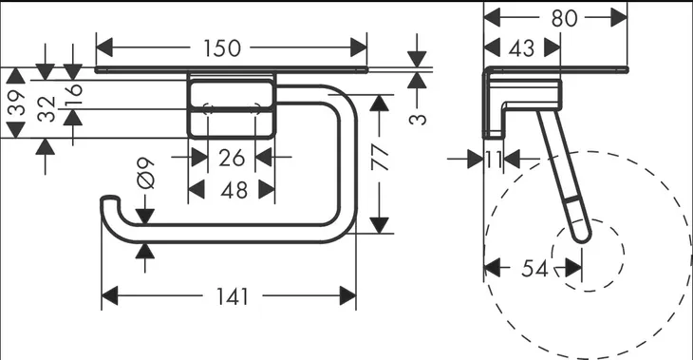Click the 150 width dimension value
(x=222, y=48)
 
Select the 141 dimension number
(x=233, y=296)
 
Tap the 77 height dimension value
(x=380, y=158)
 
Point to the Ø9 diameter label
(x=146, y=174)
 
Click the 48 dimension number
(x=234, y=190)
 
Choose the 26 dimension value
(x=232, y=158)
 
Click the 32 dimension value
(x=47, y=109)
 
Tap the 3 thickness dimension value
(x=417, y=119)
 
